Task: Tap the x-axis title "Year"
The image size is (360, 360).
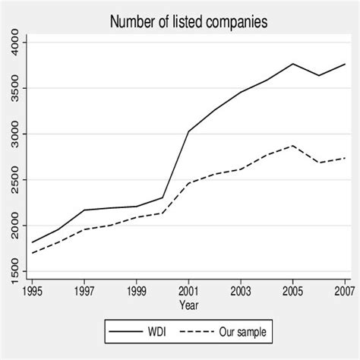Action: pyautogui.click(x=189, y=304)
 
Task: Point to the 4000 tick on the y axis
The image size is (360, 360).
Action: pyautogui.click(x=17, y=43)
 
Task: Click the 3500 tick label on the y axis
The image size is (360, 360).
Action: pyautogui.click(x=17, y=88)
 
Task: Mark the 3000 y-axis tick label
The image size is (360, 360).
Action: pyautogui.click(x=17, y=134)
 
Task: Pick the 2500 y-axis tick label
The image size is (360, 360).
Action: pyautogui.click(x=17, y=180)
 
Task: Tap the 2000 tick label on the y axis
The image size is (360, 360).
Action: pyautogui.click(x=17, y=226)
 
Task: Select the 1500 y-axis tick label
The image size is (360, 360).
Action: pyautogui.click(x=17, y=271)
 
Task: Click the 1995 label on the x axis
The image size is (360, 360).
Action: pyautogui.click(x=33, y=291)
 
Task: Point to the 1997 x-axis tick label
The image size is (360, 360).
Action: pyautogui.click(x=85, y=291)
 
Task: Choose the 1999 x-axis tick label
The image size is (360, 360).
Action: pyautogui.click(x=137, y=291)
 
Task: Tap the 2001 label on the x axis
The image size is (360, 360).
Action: pyautogui.click(x=189, y=291)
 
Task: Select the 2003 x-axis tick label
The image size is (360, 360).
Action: pyautogui.click(x=241, y=291)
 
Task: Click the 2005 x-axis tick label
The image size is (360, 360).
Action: pyautogui.click(x=293, y=291)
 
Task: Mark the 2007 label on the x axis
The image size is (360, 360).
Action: pyautogui.click(x=345, y=291)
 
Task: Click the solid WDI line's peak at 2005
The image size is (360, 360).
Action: pyautogui.click(x=293, y=64)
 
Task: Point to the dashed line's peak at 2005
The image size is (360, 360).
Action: pyautogui.click(x=293, y=146)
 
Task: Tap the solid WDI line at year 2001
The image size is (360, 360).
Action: pyautogui.click(x=189, y=131)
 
